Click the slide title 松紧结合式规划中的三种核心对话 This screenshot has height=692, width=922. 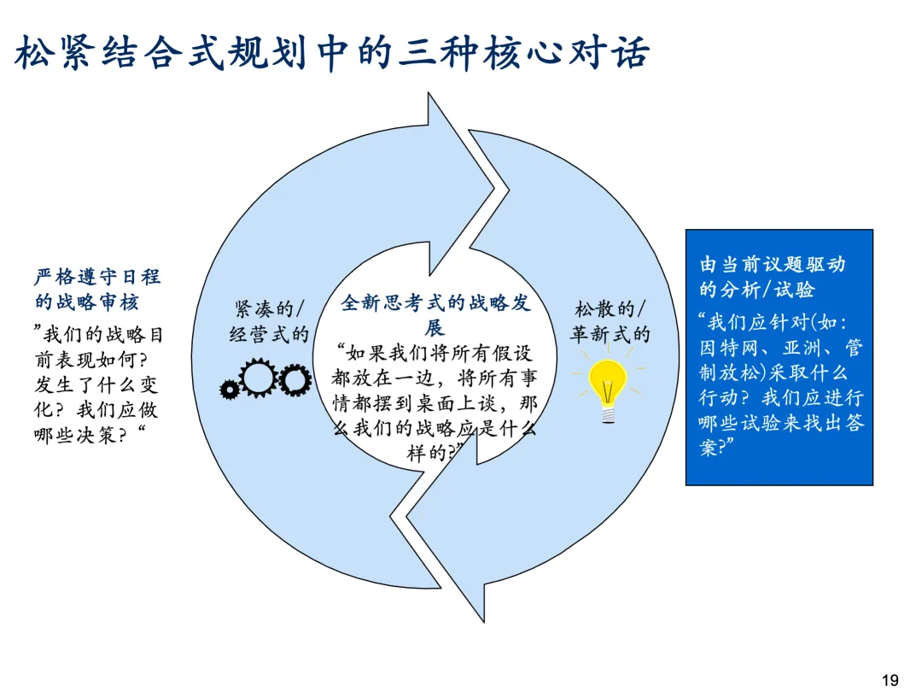click(x=333, y=53)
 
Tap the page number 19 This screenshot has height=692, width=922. click(x=890, y=680)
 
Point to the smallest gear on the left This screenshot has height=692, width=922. click(x=229, y=390)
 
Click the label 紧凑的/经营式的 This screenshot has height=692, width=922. click(x=269, y=320)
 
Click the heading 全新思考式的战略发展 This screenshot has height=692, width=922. click(x=435, y=314)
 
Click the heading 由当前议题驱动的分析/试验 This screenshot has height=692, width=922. click(x=772, y=276)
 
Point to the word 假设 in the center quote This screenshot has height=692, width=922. click(x=513, y=352)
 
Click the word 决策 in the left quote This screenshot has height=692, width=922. click(x=112, y=434)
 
